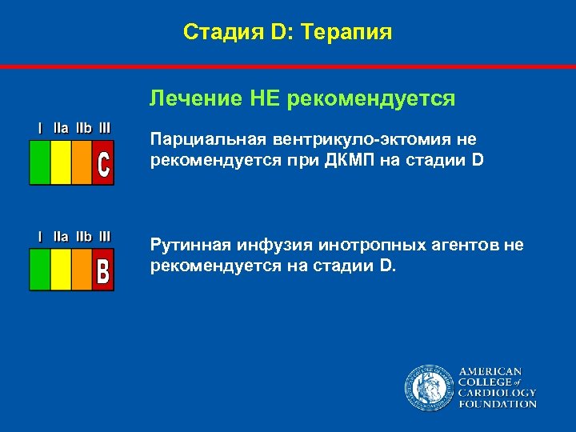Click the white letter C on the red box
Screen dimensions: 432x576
click(x=102, y=163)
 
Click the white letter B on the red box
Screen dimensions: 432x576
click(x=102, y=270)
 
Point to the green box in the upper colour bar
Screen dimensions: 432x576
click(x=40, y=163)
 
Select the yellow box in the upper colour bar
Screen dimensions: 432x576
click(x=61, y=163)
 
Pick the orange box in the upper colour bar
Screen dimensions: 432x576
click(x=82, y=163)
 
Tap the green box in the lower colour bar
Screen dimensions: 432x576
click(x=40, y=270)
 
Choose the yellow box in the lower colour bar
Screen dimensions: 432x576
click(x=61, y=270)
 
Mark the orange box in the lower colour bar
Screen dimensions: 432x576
click(x=82, y=270)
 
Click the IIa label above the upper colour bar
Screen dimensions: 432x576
click(x=61, y=127)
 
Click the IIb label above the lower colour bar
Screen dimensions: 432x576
click(x=83, y=236)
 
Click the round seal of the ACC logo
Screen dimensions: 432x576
click(x=428, y=388)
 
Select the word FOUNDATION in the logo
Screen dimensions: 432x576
click(x=497, y=404)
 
